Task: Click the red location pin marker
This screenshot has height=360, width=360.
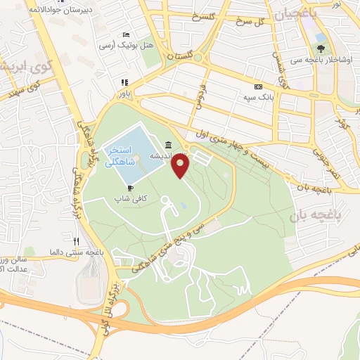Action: click(x=181, y=166)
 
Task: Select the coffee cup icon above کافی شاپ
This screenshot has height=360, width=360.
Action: click(x=130, y=188)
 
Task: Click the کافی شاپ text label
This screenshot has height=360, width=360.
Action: click(x=131, y=199)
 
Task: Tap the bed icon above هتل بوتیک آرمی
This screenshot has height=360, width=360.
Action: click(x=126, y=34)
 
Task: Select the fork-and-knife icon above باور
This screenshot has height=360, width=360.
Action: click(x=124, y=81)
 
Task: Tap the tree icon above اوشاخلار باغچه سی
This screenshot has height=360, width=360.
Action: click(x=321, y=49)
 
